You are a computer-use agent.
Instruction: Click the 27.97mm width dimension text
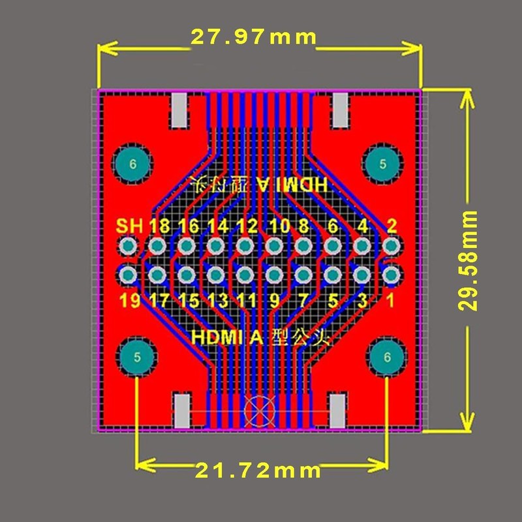point(253,37)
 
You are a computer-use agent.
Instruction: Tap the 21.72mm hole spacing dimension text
point(258,470)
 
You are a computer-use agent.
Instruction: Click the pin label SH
point(129,226)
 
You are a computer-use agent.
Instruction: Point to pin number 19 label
point(129,301)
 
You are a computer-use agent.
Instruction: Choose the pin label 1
point(391,301)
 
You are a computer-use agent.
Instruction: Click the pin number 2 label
point(391,226)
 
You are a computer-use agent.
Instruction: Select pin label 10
point(279,226)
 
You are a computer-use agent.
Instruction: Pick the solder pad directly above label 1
point(391,275)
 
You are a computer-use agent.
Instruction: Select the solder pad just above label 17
point(157,275)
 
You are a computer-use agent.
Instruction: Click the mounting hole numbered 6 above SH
point(133,164)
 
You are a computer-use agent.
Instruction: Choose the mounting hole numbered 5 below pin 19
point(137,358)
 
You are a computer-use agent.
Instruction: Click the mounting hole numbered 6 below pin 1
point(388,358)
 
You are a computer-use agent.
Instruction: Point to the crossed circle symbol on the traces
point(258,412)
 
